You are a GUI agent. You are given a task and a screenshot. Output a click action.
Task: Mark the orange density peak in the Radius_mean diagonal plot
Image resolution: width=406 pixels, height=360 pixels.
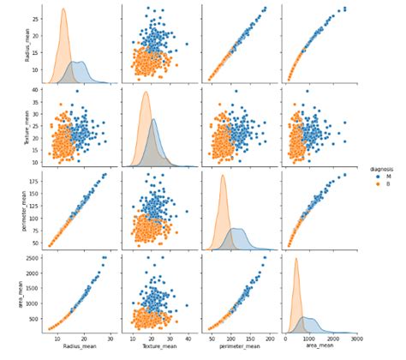tap(63, 10)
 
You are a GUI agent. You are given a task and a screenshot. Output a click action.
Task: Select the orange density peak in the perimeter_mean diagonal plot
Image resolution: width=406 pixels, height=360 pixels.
tap(223, 177)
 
